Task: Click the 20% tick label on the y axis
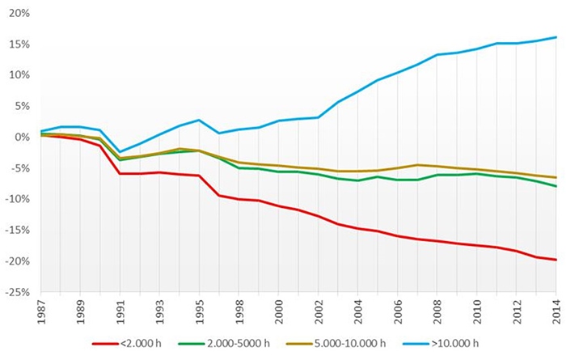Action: coord(19,14)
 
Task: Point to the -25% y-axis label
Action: coord(17,293)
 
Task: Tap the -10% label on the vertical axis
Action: coord(17,200)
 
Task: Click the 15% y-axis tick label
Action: coord(19,44)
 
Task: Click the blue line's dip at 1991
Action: coord(120,151)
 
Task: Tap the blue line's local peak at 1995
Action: coord(199,120)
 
